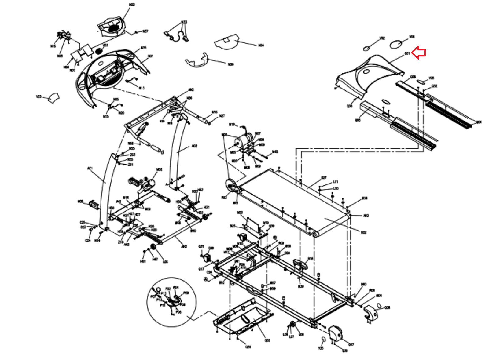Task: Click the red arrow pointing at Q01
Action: [419, 53]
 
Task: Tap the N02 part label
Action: [132, 5]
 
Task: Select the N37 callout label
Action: [145, 31]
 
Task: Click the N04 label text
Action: [261, 45]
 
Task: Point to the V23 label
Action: [39, 97]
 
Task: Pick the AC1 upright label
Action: [90, 168]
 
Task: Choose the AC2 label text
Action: [194, 146]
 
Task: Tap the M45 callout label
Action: [275, 152]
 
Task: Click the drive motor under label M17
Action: [243, 142]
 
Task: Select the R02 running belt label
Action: [363, 232]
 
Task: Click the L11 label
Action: [335, 182]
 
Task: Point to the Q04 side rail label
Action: [479, 122]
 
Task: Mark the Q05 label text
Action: [358, 120]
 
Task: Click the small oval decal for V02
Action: [367, 48]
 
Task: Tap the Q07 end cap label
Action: [351, 344]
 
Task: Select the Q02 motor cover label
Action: [267, 340]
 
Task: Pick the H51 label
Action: [143, 261]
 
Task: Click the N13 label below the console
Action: [142, 88]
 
